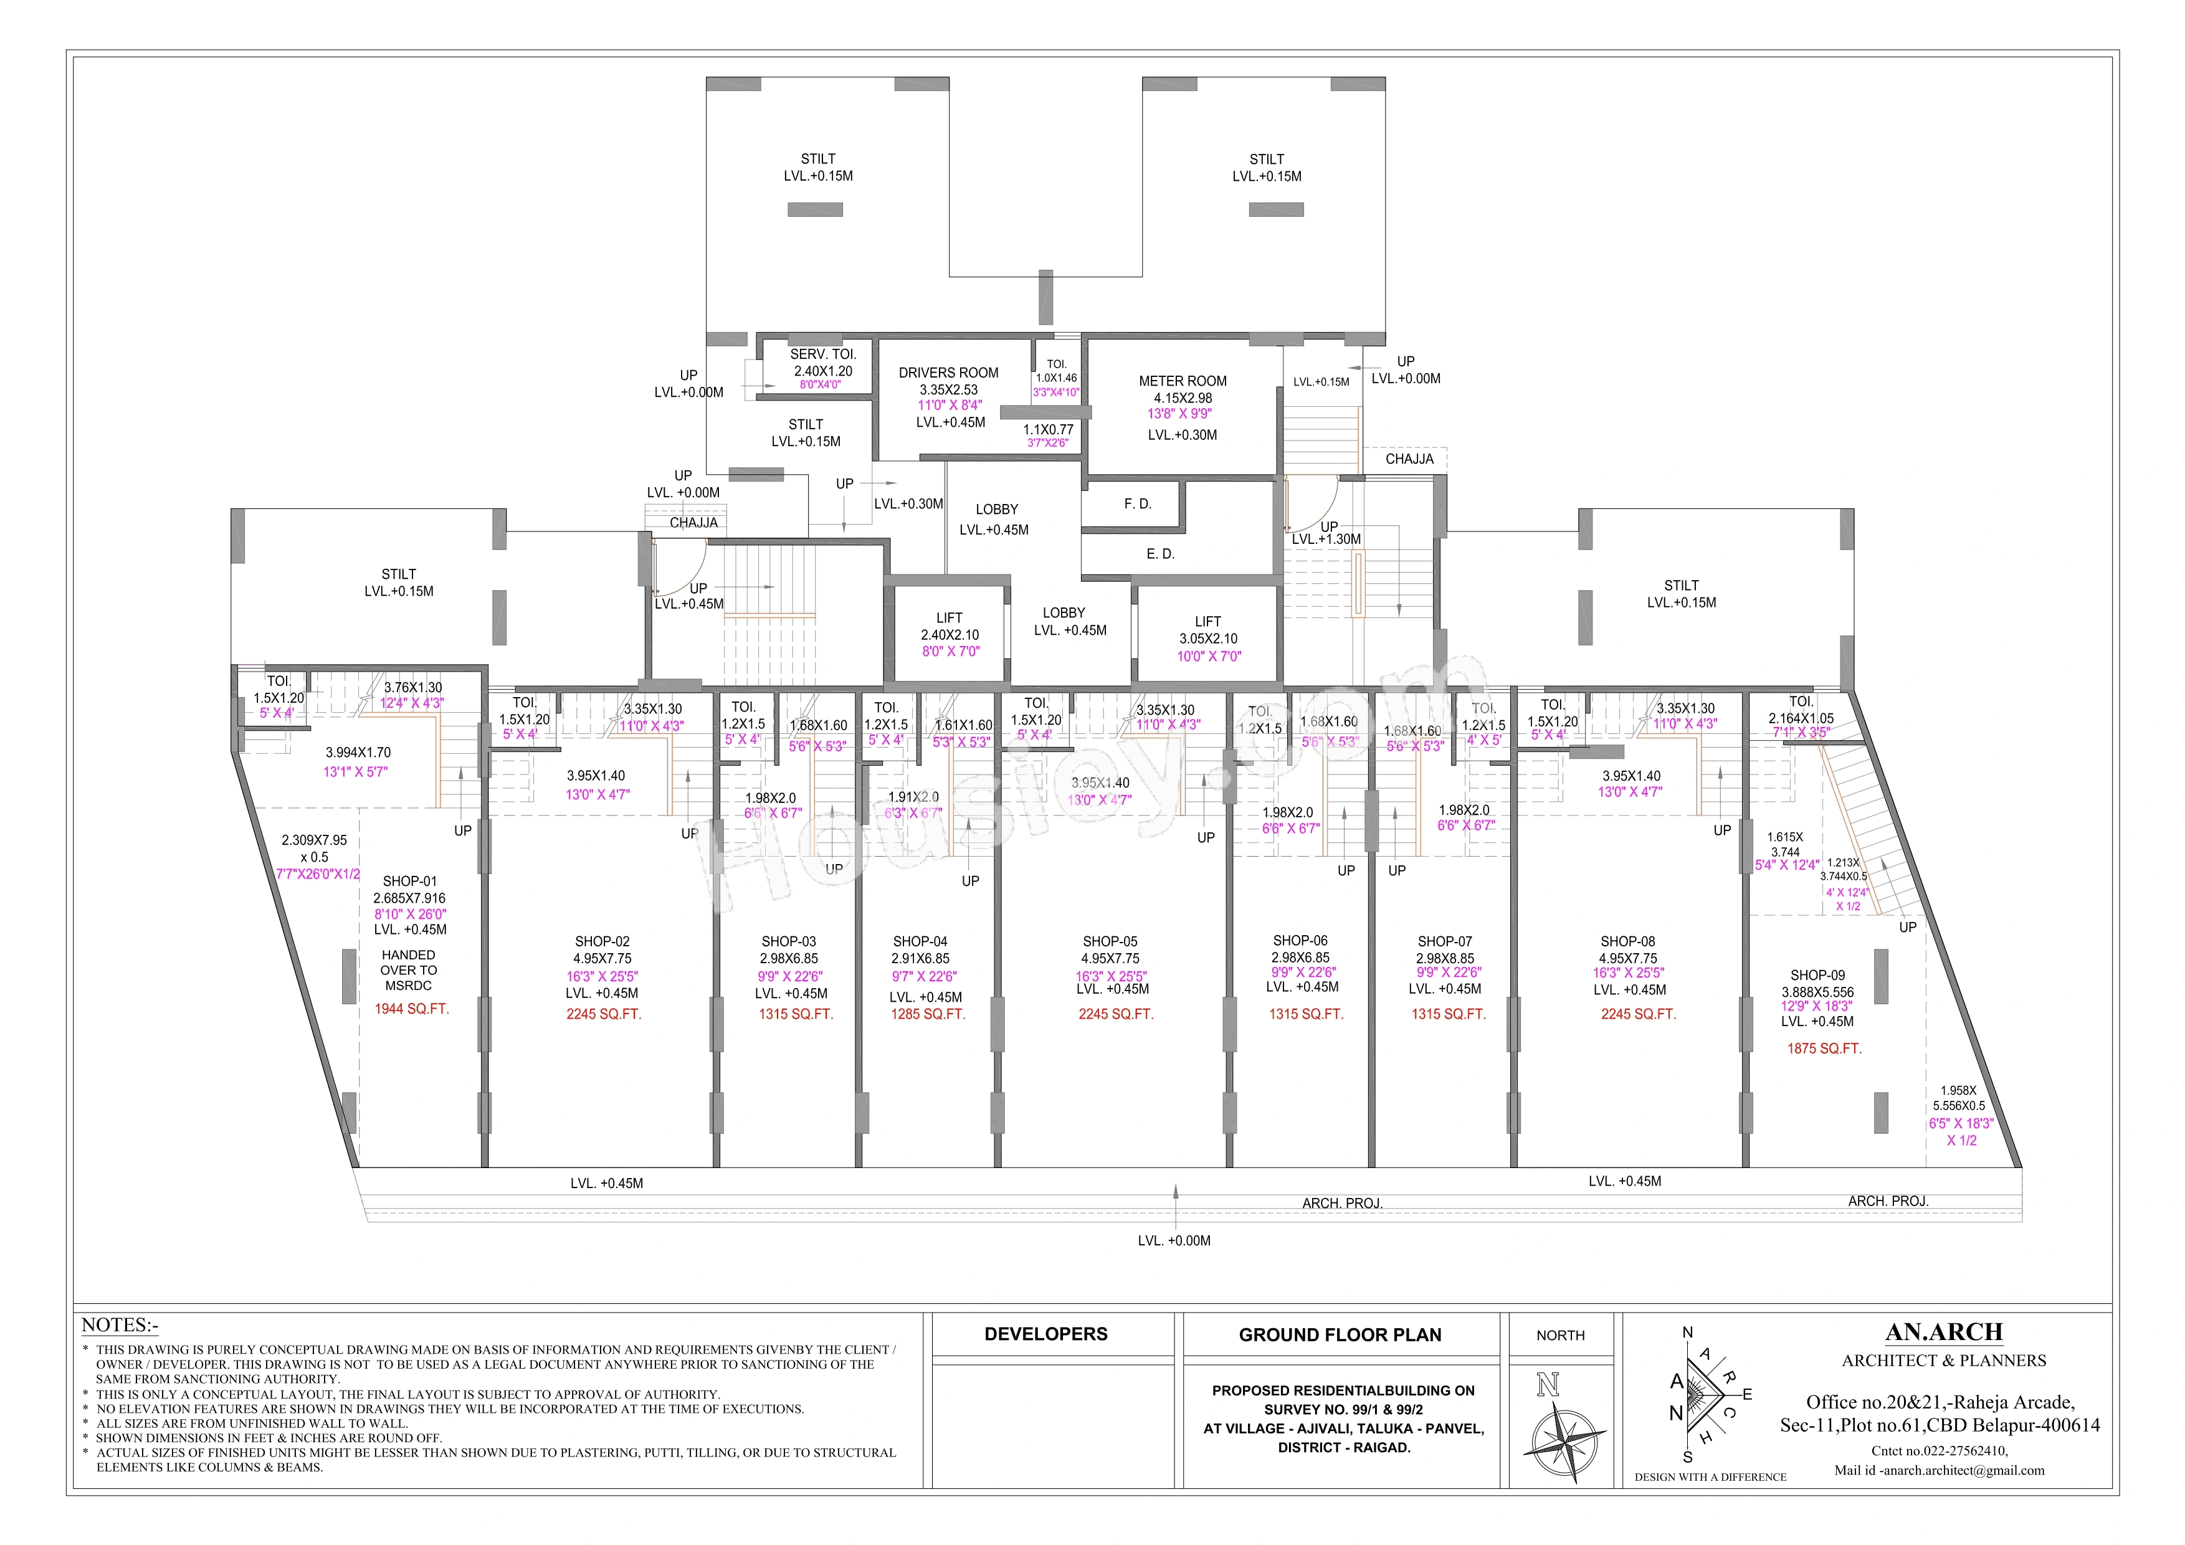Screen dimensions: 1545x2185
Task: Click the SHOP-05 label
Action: pyautogui.click(x=1110, y=941)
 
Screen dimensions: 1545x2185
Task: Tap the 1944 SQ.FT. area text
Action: pyautogui.click(x=411, y=1009)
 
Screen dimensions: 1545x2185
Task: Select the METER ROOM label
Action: pyautogui.click(x=1182, y=381)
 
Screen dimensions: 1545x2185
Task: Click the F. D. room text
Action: pyautogui.click(x=1137, y=503)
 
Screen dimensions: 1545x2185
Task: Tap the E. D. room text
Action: pyautogui.click(x=1160, y=554)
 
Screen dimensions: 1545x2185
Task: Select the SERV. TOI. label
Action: pyautogui.click(x=822, y=354)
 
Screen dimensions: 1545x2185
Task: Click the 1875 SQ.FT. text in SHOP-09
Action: pyautogui.click(x=1824, y=1048)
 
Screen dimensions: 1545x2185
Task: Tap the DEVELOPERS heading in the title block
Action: pyautogui.click(x=1046, y=1334)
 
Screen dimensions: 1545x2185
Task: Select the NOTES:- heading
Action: pyautogui.click(x=120, y=1325)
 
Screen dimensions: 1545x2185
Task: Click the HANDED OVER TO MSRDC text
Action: pyautogui.click(x=408, y=971)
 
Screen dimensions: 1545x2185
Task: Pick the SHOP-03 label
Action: pyautogui.click(x=788, y=941)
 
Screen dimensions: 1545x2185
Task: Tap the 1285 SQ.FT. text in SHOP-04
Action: pyautogui.click(x=927, y=1014)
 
